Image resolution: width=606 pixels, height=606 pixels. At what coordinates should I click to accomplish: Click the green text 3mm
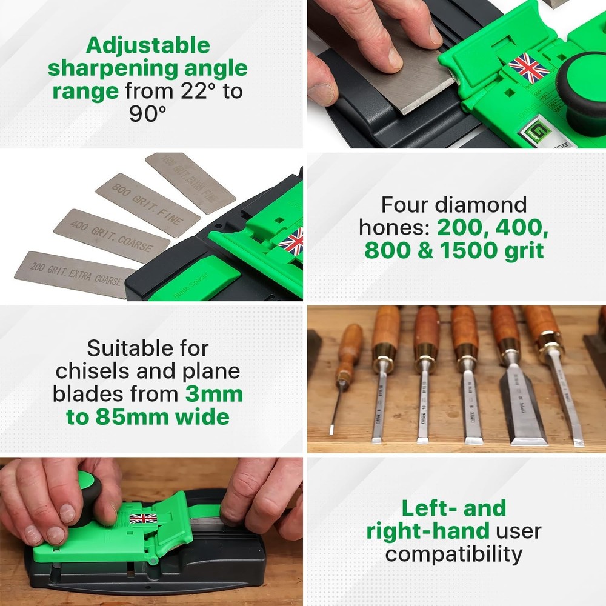(214, 394)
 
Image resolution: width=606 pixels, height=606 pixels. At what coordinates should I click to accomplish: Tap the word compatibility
(454, 553)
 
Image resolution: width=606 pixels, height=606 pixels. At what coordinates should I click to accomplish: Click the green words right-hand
(428, 531)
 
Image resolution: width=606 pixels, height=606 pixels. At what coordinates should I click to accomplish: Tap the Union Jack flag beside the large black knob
(528, 68)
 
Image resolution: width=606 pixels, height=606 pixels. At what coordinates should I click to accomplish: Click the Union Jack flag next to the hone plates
(291, 241)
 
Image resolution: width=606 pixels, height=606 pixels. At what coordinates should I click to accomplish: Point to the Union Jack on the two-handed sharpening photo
(143, 518)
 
